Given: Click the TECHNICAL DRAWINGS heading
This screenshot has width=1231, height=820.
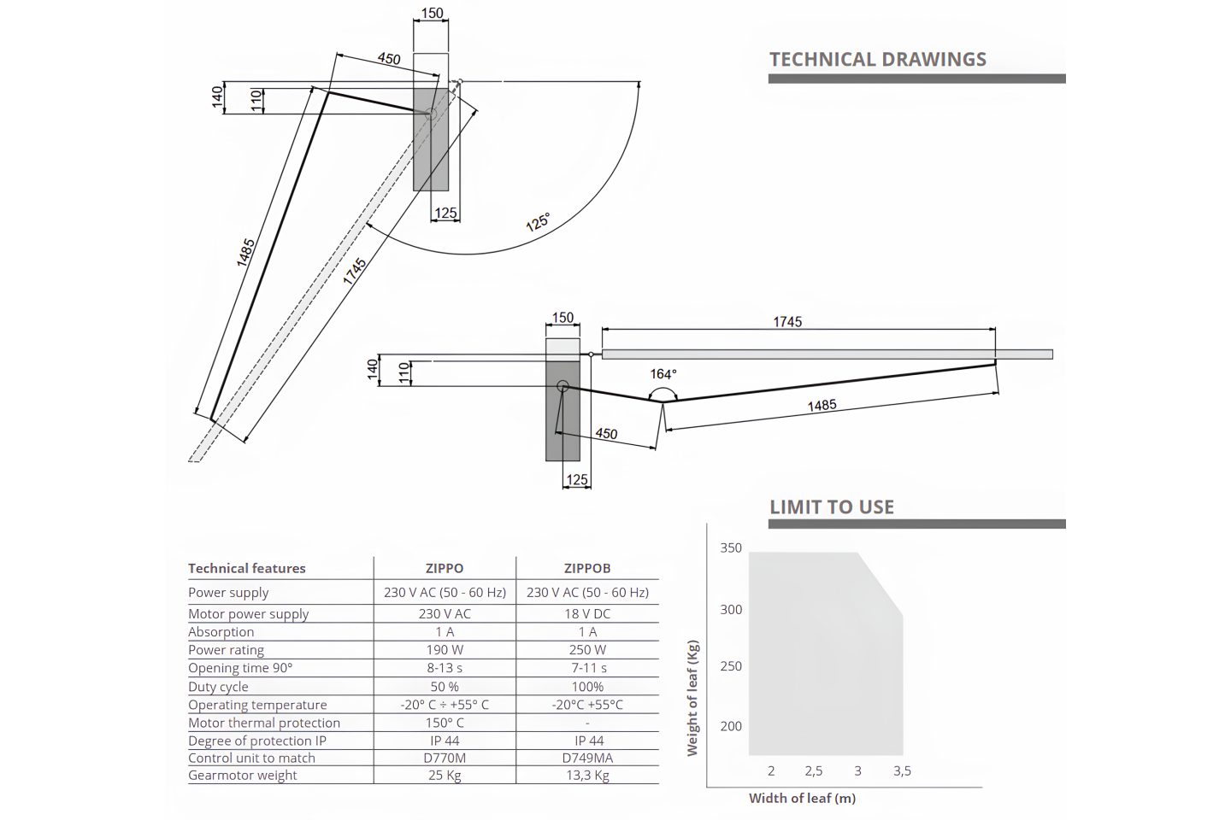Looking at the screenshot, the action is click(x=878, y=59).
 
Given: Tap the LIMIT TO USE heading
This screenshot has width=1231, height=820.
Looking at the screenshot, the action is click(x=832, y=507).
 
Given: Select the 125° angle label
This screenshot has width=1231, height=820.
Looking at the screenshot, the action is click(x=538, y=222).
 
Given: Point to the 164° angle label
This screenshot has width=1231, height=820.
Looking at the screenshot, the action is click(x=663, y=374).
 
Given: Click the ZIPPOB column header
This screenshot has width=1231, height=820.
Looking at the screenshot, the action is click(x=587, y=568).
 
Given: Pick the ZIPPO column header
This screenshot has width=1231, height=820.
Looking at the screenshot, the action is click(x=445, y=568).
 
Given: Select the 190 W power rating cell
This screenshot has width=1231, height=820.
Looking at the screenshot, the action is click(x=445, y=650).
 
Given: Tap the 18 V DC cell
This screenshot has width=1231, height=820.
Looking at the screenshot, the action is click(x=587, y=613).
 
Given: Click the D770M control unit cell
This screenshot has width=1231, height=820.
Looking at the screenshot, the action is click(x=445, y=758).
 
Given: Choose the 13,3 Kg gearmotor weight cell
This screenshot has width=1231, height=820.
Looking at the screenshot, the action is click(x=587, y=776).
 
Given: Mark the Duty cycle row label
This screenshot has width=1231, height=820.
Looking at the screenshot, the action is click(x=218, y=687).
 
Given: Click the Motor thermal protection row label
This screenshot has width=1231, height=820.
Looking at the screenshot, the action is click(x=264, y=723).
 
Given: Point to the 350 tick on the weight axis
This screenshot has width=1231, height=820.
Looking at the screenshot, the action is click(x=731, y=548).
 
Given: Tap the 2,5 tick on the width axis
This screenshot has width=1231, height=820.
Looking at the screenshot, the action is click(x=814, y=771).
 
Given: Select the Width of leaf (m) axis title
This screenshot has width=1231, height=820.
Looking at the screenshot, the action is click(x=803, y=798).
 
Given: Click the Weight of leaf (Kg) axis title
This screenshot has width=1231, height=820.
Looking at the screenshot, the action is click(x=692, y=698).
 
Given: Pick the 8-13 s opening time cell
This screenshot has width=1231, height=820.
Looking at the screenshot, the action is click(x=445, y=668).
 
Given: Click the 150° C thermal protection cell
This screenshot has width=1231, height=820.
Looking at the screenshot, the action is click(x=445, y=723).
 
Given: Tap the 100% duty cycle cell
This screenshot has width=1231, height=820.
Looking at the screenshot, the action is click(x=587, y=687).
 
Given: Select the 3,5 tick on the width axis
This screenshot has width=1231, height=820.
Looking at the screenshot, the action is click(x=902, y=771).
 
